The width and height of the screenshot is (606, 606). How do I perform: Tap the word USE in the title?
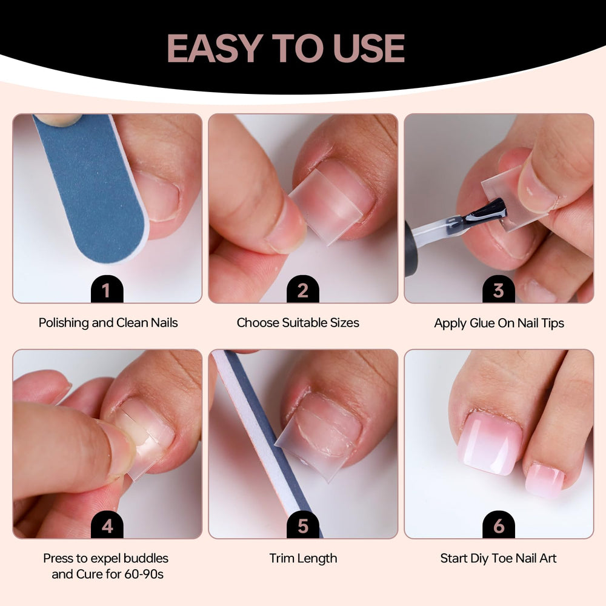[368, 48]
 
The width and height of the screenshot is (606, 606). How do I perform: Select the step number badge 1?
[107, 289]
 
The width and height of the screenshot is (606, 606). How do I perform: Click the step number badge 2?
[302, 289]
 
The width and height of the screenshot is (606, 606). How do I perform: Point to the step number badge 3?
[499, 289]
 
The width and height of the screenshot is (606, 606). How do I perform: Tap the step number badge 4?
[107, 525]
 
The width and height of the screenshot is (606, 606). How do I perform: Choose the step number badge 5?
[302, 525]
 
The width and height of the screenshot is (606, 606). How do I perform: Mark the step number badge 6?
[499, 525]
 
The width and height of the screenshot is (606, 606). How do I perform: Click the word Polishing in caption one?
[64, 323]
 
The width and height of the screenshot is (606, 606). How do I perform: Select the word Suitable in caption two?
[305, 323]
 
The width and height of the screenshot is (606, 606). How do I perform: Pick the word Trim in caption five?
[280, 558]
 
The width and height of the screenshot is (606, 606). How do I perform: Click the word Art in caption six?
[548, 558]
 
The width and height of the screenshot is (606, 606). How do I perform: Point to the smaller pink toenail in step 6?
[544, 479]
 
